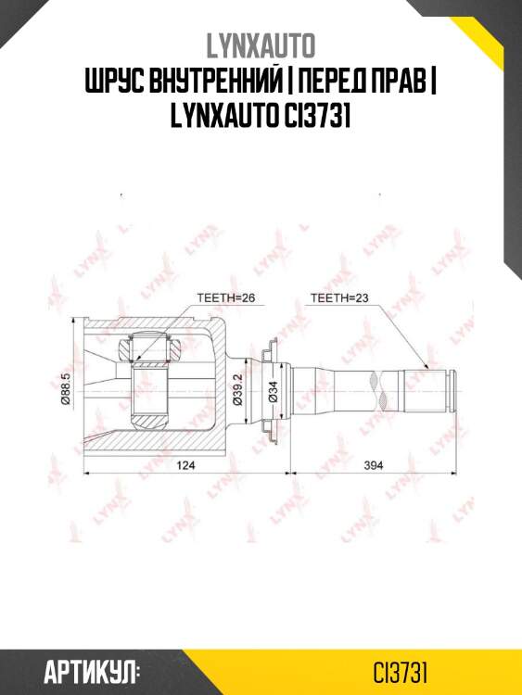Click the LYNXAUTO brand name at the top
(x=261, y=45)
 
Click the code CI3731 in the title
(x=315, y=117)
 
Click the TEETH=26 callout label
(x=225, y=298)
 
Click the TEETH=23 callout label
(x=337, y=298)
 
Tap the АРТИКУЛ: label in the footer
(x=91, y=670)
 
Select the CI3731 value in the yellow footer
(x=400, y=670)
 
